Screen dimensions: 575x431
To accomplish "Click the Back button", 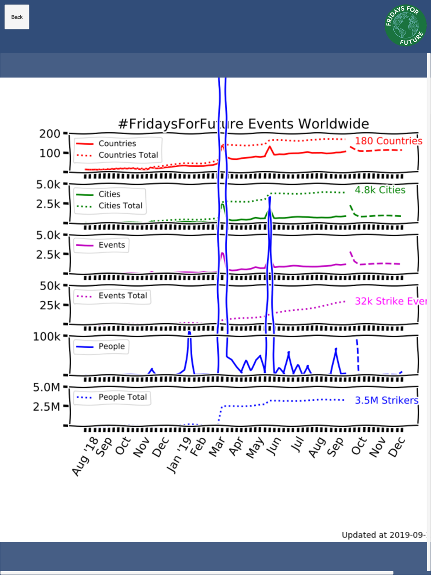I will coord(17,17).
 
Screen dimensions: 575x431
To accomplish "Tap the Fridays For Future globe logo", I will coord(405,25).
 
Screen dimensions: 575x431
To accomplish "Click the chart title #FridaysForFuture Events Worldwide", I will coord(244,124).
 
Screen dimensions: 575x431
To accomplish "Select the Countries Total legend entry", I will coord(128,155).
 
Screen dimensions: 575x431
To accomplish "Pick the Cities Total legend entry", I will coord(120,206).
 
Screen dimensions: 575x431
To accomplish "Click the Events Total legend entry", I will coord(122,296).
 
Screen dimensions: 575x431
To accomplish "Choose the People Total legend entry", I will coord(122,397).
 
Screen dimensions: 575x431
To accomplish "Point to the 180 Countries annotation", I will coord(388,141).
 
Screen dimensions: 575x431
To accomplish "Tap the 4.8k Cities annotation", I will coord(380,190).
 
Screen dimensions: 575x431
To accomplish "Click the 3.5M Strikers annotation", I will coord(386,400).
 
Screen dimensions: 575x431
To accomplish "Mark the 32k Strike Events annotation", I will coord(390,301).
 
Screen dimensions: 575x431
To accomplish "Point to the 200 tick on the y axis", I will coord(50,134).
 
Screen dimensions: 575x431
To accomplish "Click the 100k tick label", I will coord(47,337).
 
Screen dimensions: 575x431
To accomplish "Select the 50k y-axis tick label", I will coord(50,286).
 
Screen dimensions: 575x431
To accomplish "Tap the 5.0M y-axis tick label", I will coord(47,387).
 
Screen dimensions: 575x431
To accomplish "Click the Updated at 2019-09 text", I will coord(383,535).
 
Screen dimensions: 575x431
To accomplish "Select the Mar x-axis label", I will coord(217,447).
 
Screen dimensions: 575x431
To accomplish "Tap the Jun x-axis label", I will coord(274,446).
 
